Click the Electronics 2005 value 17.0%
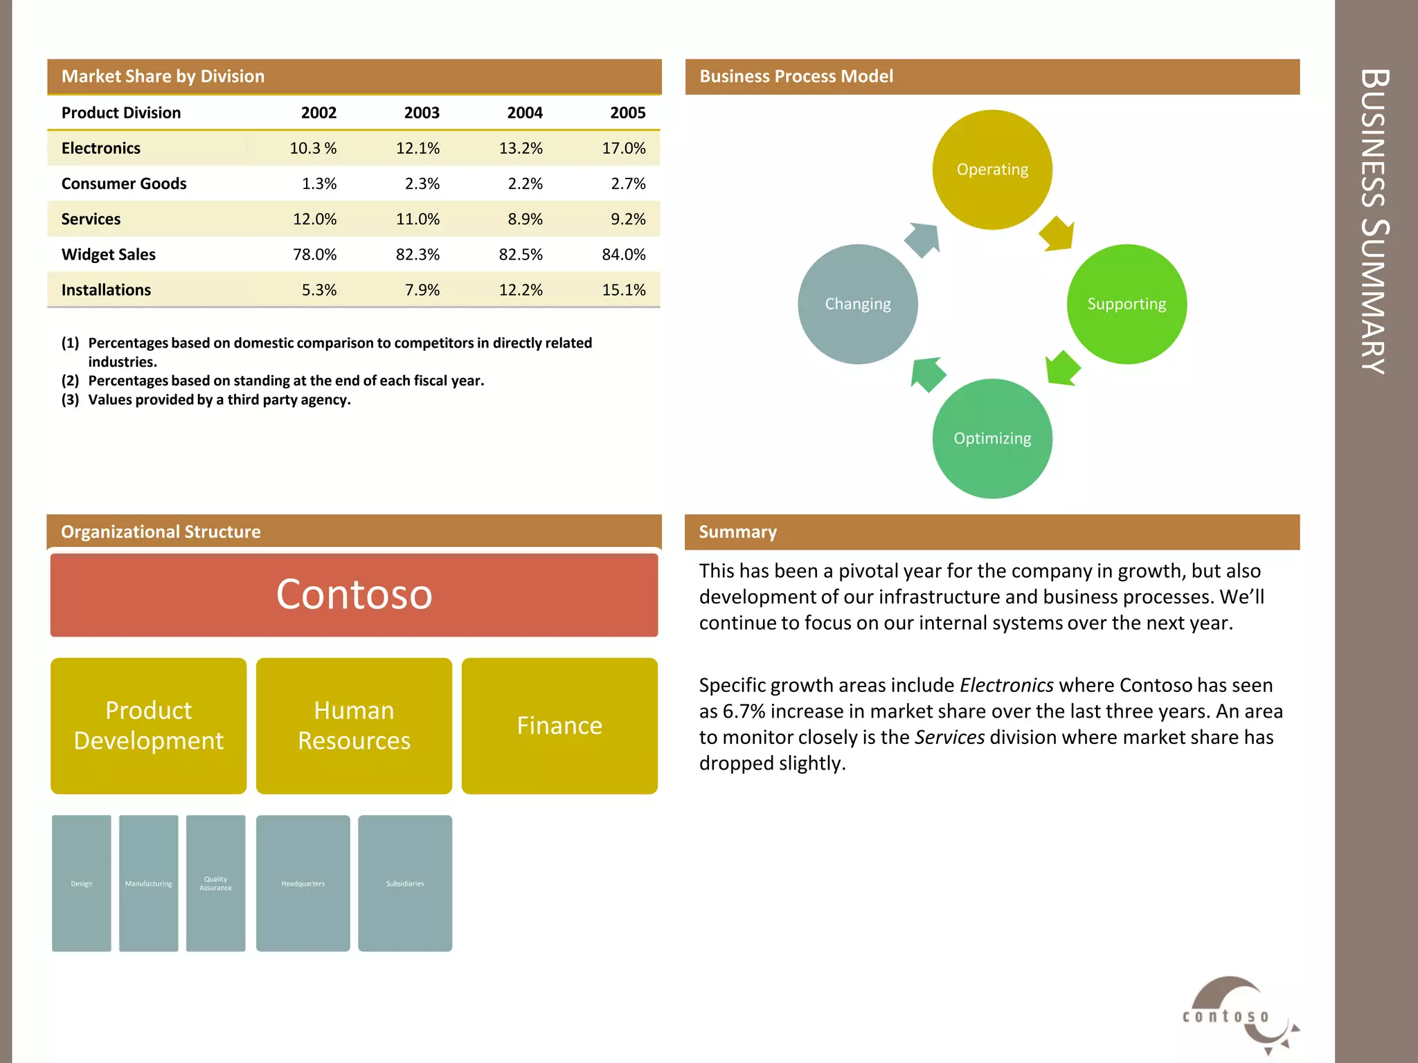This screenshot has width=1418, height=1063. click(x=623, y=148)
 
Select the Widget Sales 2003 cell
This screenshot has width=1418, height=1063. click(x=418, y=255)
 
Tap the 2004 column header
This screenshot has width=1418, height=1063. click(x=524, y=113)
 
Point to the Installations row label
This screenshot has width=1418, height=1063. click(x=106, y=290)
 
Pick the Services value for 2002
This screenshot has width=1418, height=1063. click(x=314, y=219)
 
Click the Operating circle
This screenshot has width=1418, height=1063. click(x=992, y=170)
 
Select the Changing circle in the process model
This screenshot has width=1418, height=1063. click(x=858, y=304)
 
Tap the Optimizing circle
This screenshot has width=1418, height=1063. click(x=992, y=438)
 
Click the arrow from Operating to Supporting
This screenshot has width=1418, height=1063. click(x=1057, y=234)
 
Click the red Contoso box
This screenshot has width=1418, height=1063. click(x=354, y=594)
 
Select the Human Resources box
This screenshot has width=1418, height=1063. click(x=354, y=725)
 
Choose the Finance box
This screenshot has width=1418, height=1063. click(x=559, y=725)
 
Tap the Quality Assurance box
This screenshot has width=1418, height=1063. click(x=215, y=883)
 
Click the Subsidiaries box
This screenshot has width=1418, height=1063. click(x=405, y=883)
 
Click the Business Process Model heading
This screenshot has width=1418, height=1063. click(x=796, y=76)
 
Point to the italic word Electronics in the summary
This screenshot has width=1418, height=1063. click(x=1006, y=685)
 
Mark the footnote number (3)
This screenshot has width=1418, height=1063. click(x=70, y=400)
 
